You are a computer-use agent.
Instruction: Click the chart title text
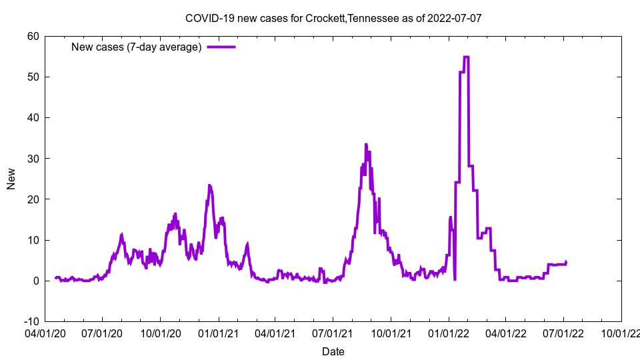(333, 18)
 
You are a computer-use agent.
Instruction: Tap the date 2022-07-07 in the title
(455, 18)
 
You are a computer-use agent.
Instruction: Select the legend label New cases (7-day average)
(137, 47)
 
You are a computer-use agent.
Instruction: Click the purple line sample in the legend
(221, 47)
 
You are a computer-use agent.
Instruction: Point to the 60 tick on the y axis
(33, 36)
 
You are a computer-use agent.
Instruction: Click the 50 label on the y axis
(33, 77)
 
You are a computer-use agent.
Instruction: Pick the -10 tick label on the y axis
(31, 321)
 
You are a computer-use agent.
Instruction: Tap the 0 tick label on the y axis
(36, 281)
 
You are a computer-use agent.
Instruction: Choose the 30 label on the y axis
(33, 159)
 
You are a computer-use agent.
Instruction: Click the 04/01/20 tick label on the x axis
(45, 332)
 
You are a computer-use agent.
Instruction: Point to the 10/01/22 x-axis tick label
(621, 332)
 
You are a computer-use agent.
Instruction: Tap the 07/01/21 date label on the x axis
(333, 332)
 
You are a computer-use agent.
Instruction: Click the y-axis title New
(11, 179)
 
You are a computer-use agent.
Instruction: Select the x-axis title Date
(333, 351)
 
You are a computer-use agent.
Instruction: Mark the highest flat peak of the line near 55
(466, 57)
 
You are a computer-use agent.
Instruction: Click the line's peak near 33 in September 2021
(366, 144)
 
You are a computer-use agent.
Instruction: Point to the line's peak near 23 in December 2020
(209, 185)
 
